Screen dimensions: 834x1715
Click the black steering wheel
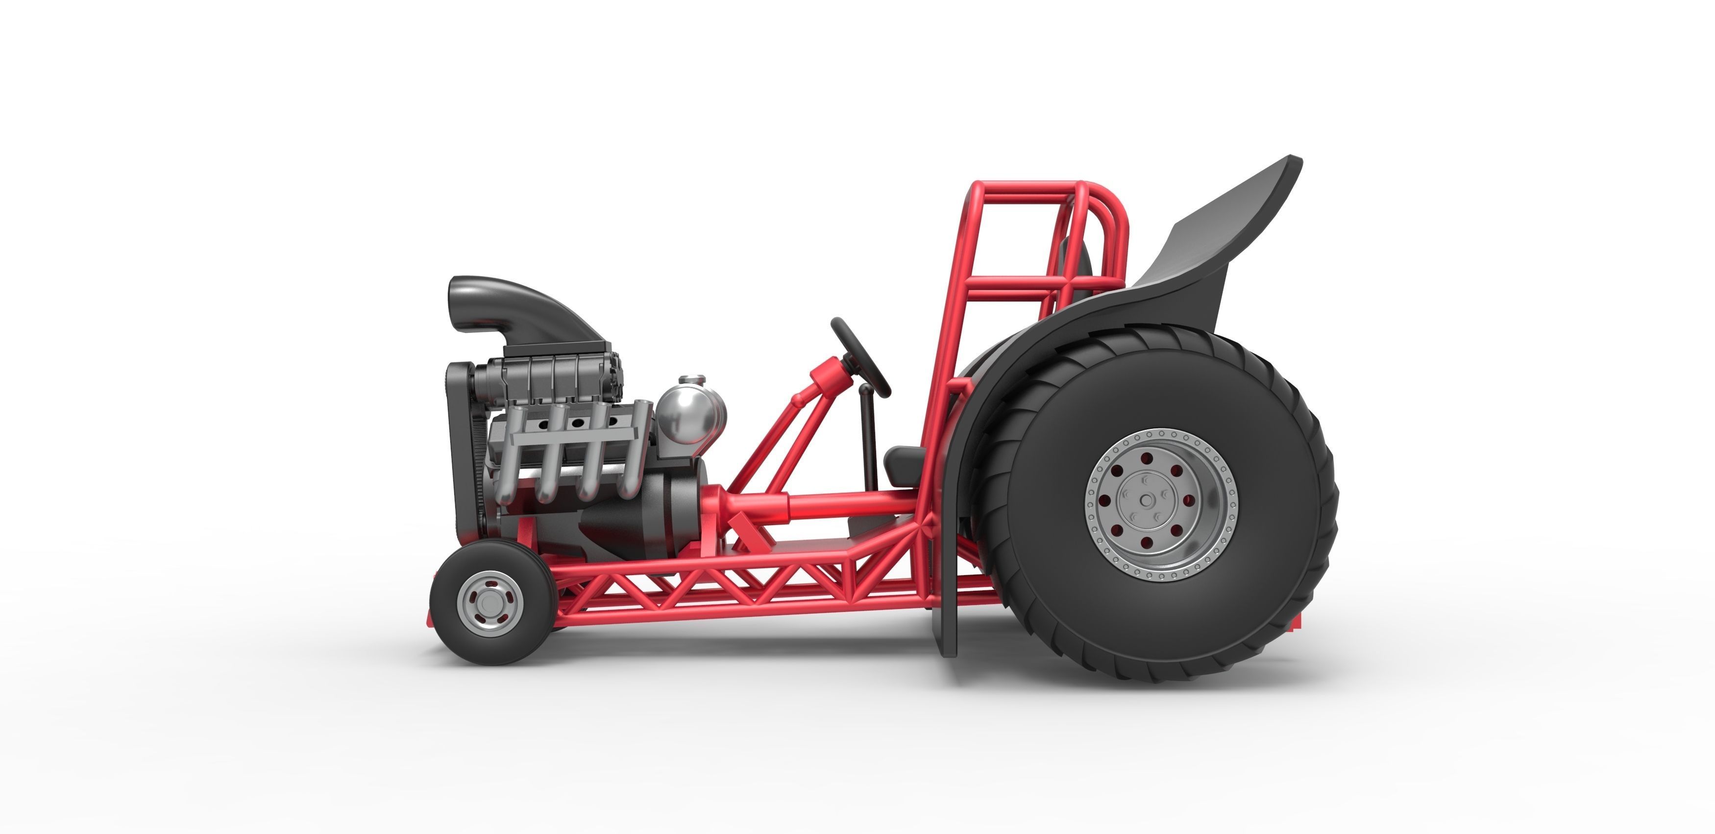coord(860,356)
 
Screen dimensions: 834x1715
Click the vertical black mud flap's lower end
coord(948,639)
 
